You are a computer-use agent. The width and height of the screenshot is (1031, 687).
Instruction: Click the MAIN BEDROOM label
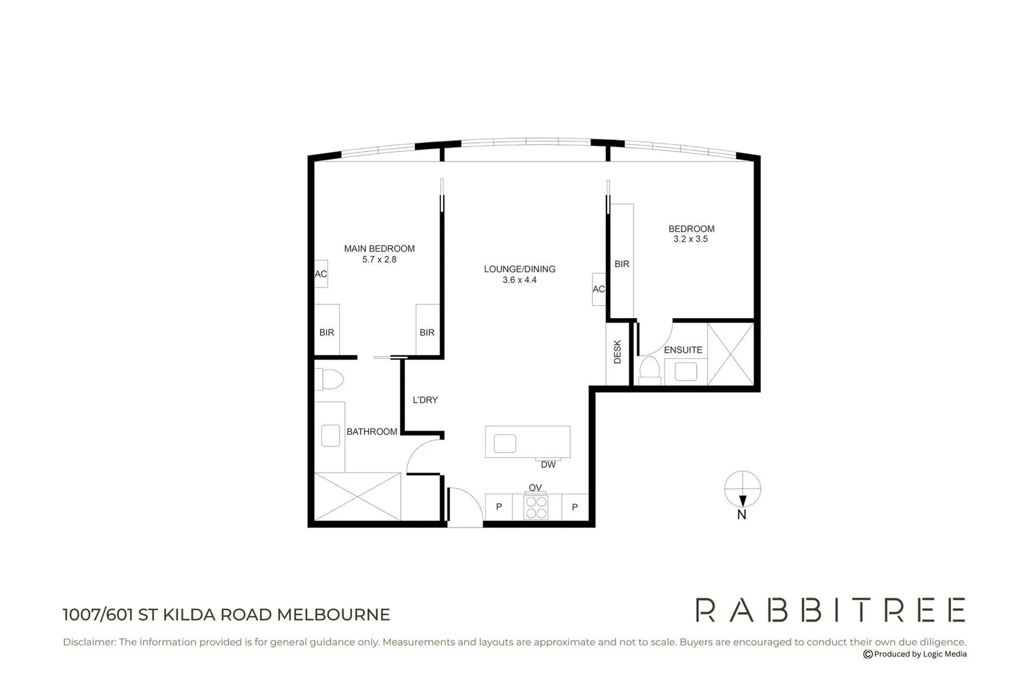coord(379,249)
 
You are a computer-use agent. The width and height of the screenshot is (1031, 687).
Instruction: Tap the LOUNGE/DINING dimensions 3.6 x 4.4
coord(519,280)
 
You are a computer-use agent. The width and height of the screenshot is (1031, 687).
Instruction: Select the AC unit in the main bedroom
coord(321,274)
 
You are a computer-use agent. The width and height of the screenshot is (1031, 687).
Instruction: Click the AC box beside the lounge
coord(599,289)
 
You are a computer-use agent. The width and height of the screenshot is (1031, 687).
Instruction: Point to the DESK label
coord(617,352)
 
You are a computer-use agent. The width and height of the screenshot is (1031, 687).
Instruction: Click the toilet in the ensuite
coord(650,370)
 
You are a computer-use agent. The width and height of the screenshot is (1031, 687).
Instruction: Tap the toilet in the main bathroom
coord(330,380)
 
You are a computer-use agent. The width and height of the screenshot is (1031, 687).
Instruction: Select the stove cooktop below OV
coord(536,508)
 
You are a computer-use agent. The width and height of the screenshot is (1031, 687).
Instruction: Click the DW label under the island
coord(548,465)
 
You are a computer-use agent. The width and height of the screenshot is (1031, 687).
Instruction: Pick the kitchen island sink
coord(505,443)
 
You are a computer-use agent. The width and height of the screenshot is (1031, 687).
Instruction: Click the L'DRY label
coord(425,400)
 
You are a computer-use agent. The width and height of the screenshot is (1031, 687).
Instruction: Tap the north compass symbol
coord(742,490)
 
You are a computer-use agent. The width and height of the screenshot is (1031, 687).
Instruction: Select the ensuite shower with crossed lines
coord(731,354)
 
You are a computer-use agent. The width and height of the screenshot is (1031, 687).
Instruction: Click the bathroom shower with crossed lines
coord(358,497)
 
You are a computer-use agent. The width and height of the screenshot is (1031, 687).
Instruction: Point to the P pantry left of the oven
coord(499,507)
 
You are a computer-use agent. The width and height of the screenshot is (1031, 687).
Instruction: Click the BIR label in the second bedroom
coord(622,264)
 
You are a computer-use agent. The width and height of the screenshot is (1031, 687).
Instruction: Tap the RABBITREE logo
coord(830,610)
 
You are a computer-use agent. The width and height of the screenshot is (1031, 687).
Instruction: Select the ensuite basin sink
coord(685,371)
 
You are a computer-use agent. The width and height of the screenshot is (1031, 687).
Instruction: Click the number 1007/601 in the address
coord(99,614)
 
